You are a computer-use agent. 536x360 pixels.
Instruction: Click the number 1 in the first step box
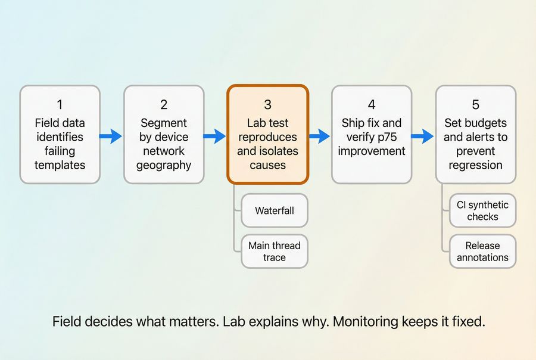(x=60, y=105)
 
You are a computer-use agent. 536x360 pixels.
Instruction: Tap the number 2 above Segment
(x=164, y=105)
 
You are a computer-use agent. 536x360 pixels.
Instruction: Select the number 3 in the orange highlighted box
(x=267, y=105)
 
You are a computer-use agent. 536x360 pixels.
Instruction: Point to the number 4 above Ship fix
(x=372, y=105)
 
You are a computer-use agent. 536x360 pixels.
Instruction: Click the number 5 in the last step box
(x=475, y=105)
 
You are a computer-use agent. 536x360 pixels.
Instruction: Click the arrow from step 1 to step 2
(x=111, y=136)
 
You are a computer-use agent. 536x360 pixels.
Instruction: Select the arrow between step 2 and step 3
(x=215, y=136)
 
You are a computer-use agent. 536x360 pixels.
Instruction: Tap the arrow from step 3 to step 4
(x=320, y=136)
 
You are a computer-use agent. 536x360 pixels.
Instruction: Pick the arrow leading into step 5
(x=423, y=136)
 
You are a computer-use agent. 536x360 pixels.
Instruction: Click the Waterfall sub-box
(x=275, y=210)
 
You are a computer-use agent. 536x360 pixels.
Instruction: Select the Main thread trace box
(x=275, y=252)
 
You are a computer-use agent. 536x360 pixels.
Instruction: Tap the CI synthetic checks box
(x=482, y=210)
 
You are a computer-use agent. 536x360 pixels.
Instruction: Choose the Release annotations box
(x=482, y=252)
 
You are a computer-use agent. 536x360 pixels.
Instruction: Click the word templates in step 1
(x=60, y=165)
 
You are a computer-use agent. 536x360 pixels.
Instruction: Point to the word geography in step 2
(x=164, y=165)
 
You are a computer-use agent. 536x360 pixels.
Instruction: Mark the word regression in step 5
(x=475, y=165)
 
